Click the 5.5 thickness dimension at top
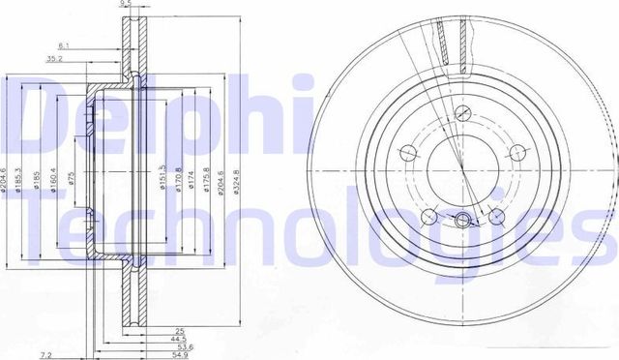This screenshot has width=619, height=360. click(125, 5)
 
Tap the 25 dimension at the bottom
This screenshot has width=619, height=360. click(153, 331)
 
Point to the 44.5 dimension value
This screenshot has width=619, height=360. click(153, 339)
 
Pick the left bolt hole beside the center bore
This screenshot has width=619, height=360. click(409, 152)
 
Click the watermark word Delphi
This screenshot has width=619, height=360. click(145, 121)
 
